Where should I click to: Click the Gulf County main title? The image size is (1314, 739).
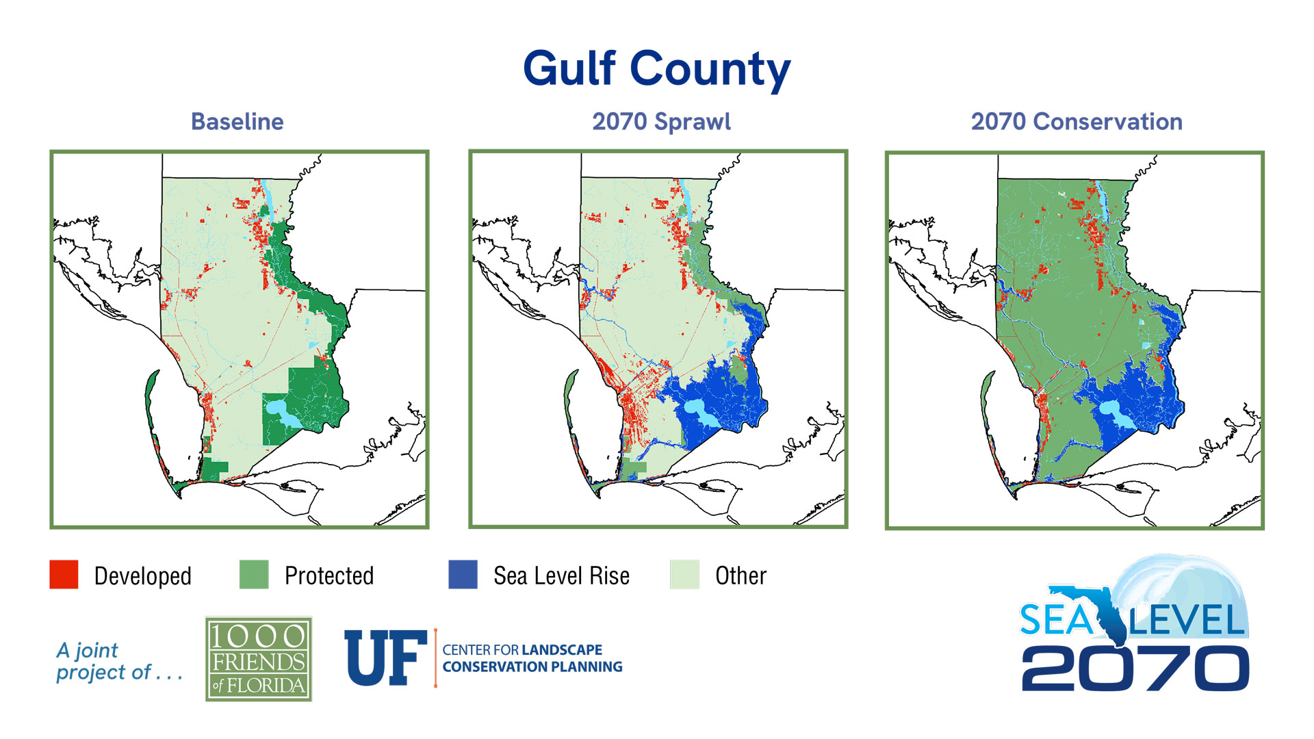(x=656, y=68)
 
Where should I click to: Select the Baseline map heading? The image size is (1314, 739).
(x=237, y=122)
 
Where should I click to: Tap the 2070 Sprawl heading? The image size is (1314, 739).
(x=661, y=122)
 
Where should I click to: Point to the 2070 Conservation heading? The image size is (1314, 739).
(x=1076, y=122)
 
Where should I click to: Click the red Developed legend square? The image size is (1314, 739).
(x=64, y=574)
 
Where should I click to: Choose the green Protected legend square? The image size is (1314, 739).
(x=254, y=574)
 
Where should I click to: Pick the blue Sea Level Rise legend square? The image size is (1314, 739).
(x=463, y=574)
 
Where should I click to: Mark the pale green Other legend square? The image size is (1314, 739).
(x=684, y=574)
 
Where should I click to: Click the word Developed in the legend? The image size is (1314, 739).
(x=142, y=576)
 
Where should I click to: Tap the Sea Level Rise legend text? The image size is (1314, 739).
(x=561, y=576)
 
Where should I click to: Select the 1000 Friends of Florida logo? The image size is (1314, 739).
(x=259, y=659)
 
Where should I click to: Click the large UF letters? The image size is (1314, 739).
(x=385, y=658)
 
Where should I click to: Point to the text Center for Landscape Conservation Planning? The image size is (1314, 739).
(x=532, y=658)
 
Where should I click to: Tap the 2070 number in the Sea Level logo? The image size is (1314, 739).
(x=1135, y=669)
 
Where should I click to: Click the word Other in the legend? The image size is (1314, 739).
(x=740, y=576)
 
